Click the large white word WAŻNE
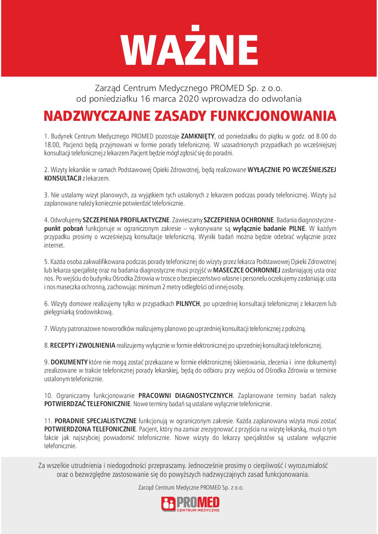click(189, 47)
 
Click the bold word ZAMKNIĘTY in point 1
click(198, 136)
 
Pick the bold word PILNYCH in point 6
click(188, 304)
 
